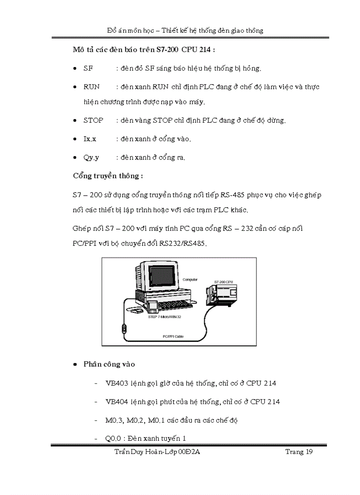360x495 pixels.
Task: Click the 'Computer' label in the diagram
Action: (x=190, y=279)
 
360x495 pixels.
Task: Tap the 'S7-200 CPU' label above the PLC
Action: (x=223, y=281)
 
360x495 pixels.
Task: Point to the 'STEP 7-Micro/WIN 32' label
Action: (x=164, y=316)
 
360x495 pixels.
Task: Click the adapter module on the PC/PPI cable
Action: (x=125, y=329)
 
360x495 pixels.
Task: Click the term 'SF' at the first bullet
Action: (x=88, y=68)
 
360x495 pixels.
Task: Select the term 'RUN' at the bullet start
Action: (x=91, y=87)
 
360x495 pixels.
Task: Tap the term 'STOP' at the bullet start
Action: (x=93, y=120)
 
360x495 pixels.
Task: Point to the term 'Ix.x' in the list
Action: (x=90, y=139)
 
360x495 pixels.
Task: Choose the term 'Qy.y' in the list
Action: (x=91, y=157)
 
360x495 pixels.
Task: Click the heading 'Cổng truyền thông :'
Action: (x=108, y=176)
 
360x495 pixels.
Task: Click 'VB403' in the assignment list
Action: (x=116, y=383)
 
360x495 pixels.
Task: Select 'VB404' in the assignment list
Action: (x=116, y=402)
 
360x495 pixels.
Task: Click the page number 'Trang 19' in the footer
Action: (x=299, y=452)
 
